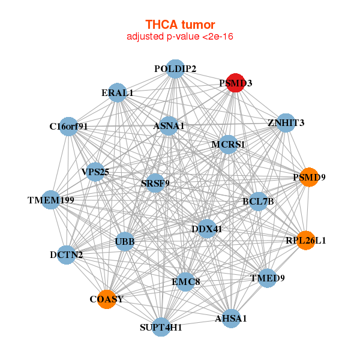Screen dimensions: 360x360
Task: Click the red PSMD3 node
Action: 236,83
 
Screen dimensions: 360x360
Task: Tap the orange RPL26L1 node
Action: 305,241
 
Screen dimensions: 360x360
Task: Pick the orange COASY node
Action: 107,299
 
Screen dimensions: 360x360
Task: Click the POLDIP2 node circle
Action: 175,69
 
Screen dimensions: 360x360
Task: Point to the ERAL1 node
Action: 118,93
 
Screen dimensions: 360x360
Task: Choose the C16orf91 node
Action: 69,127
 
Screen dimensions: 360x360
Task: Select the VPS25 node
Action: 95,172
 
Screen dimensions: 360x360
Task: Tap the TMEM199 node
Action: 51,200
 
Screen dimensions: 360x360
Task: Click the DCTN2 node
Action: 67,254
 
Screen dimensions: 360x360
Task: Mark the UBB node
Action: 125,242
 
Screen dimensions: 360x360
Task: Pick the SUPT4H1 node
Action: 161,327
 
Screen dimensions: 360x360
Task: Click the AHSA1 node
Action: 231,318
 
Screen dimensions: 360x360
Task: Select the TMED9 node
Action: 268,278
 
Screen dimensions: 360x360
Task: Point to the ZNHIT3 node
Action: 286,123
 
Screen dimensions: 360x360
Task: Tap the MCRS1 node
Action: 227,145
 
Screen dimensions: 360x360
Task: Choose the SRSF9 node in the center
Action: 156,182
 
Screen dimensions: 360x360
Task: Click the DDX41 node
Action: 206,229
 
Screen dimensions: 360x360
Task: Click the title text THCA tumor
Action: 180,25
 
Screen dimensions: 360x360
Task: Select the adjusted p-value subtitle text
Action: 180,37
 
